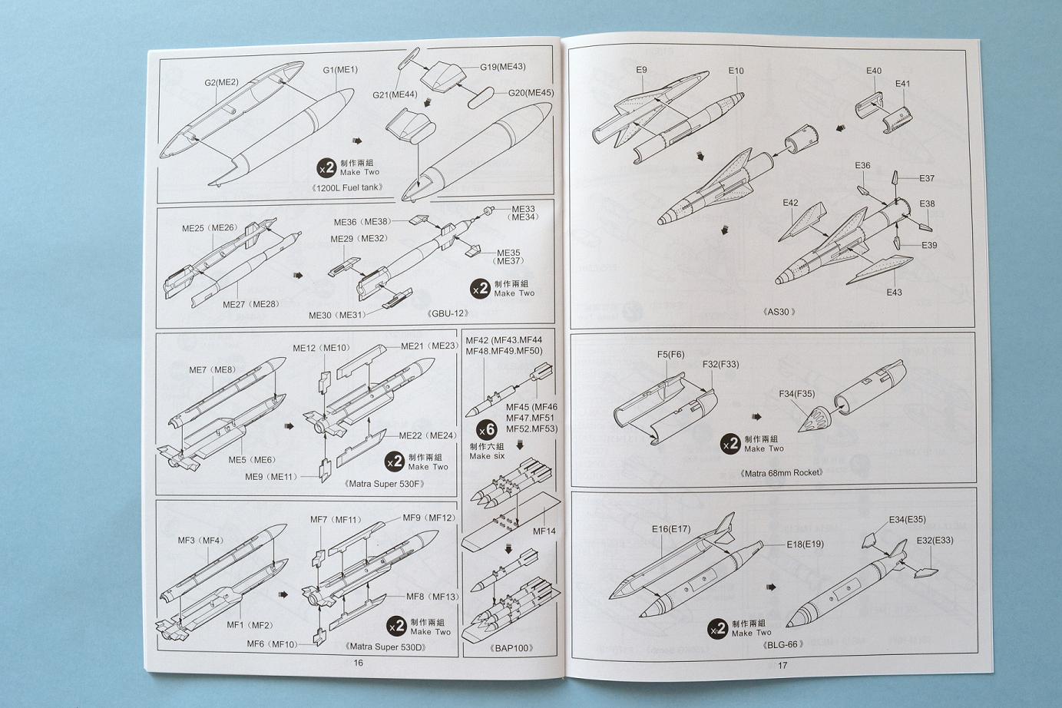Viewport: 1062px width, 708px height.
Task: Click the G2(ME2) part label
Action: pos(221,82)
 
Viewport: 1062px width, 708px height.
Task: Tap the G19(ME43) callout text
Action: pos(502,67)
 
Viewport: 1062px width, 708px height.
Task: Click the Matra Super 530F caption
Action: pos(385,484)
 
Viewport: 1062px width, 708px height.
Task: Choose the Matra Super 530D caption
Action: pos(385,647)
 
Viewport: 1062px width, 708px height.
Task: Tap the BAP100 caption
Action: pos(511,648)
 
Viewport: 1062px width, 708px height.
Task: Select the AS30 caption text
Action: pos(779,312)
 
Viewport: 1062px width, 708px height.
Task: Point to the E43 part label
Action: pos(894,293)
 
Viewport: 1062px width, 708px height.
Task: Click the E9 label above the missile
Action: pos(641,70)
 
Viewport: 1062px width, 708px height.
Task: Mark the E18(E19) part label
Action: pos(805,544)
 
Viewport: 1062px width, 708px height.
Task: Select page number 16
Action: pos(358,663)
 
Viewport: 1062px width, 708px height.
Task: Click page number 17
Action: pos(782,665)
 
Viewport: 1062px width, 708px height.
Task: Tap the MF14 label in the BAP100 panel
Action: pos(544,531)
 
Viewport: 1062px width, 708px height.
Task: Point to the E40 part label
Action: pos(874,71)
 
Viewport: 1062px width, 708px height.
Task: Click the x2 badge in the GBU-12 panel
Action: pos(480,289)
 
